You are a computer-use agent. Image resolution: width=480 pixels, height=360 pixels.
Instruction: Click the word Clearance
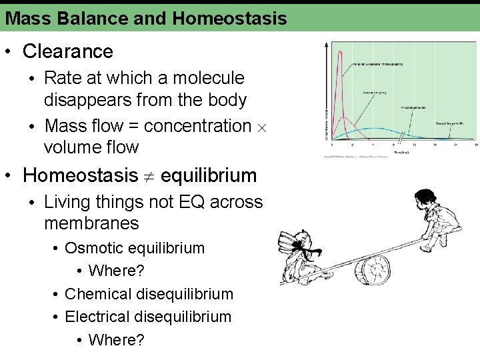click(x=67, y=51)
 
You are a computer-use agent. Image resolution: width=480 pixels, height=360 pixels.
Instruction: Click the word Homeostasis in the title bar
click(x=229, y=18)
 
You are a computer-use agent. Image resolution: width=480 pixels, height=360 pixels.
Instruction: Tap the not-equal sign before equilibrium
click(x=149, y=176)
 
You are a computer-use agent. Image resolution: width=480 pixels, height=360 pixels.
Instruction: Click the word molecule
click(x=209, y=78)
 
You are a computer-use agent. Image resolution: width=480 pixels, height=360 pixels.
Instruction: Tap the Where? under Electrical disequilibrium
click(x=116, y=339)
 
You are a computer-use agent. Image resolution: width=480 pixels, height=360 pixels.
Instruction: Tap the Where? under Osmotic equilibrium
click(x=116, y=271)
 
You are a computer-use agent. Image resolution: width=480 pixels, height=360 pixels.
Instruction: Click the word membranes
click(x=91, y=223)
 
